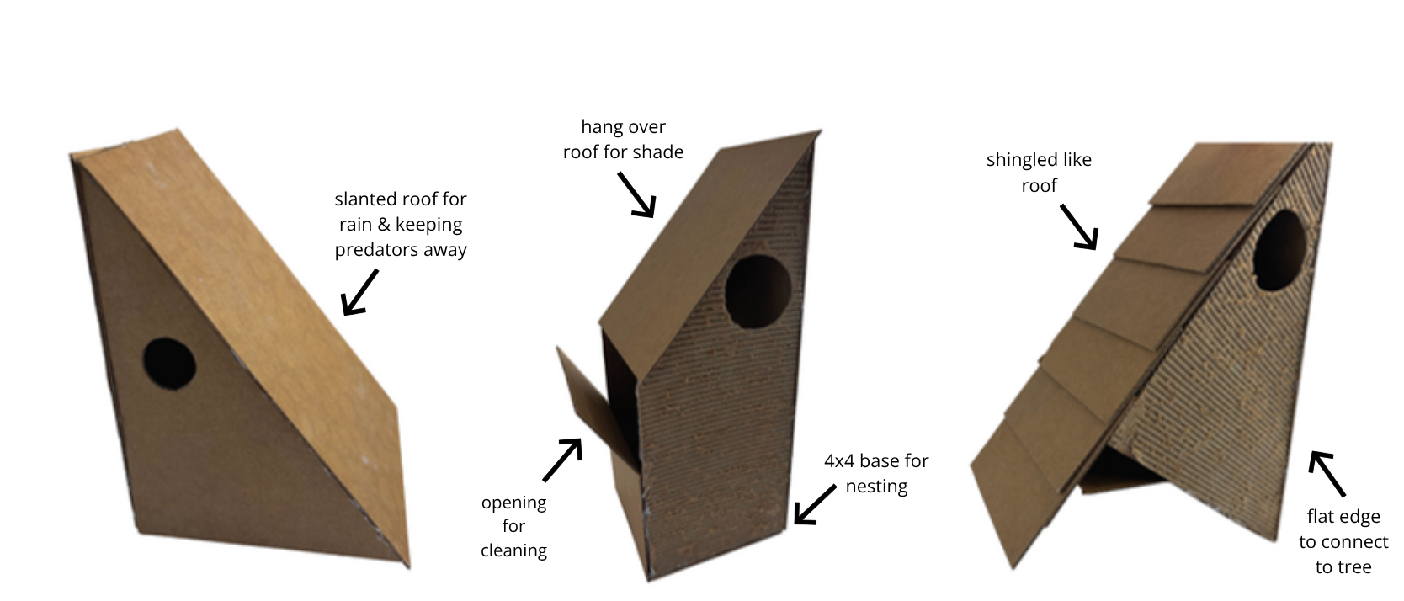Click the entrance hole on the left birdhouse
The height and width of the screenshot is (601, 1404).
pos(169,364)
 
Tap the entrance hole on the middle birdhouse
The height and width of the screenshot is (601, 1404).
pos(758,291)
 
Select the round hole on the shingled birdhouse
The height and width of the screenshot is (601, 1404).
pos(1279,249)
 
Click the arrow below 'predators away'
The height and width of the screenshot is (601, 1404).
pos(359,292)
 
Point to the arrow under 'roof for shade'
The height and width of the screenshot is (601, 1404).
pos(637,195)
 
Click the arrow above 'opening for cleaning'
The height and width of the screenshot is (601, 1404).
pos(562,460)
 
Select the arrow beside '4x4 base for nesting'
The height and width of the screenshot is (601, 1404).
pos(815,504)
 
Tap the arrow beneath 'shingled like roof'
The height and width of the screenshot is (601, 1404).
pos(1079,227)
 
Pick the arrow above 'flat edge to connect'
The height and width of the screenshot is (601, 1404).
pos(1327,473)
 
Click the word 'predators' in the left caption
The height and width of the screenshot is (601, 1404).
pos(375,250)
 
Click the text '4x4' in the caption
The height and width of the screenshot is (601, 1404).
pos(839,460)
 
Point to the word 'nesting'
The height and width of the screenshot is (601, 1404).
pos(876,487)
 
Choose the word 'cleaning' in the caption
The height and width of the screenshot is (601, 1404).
pos(514,550)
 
